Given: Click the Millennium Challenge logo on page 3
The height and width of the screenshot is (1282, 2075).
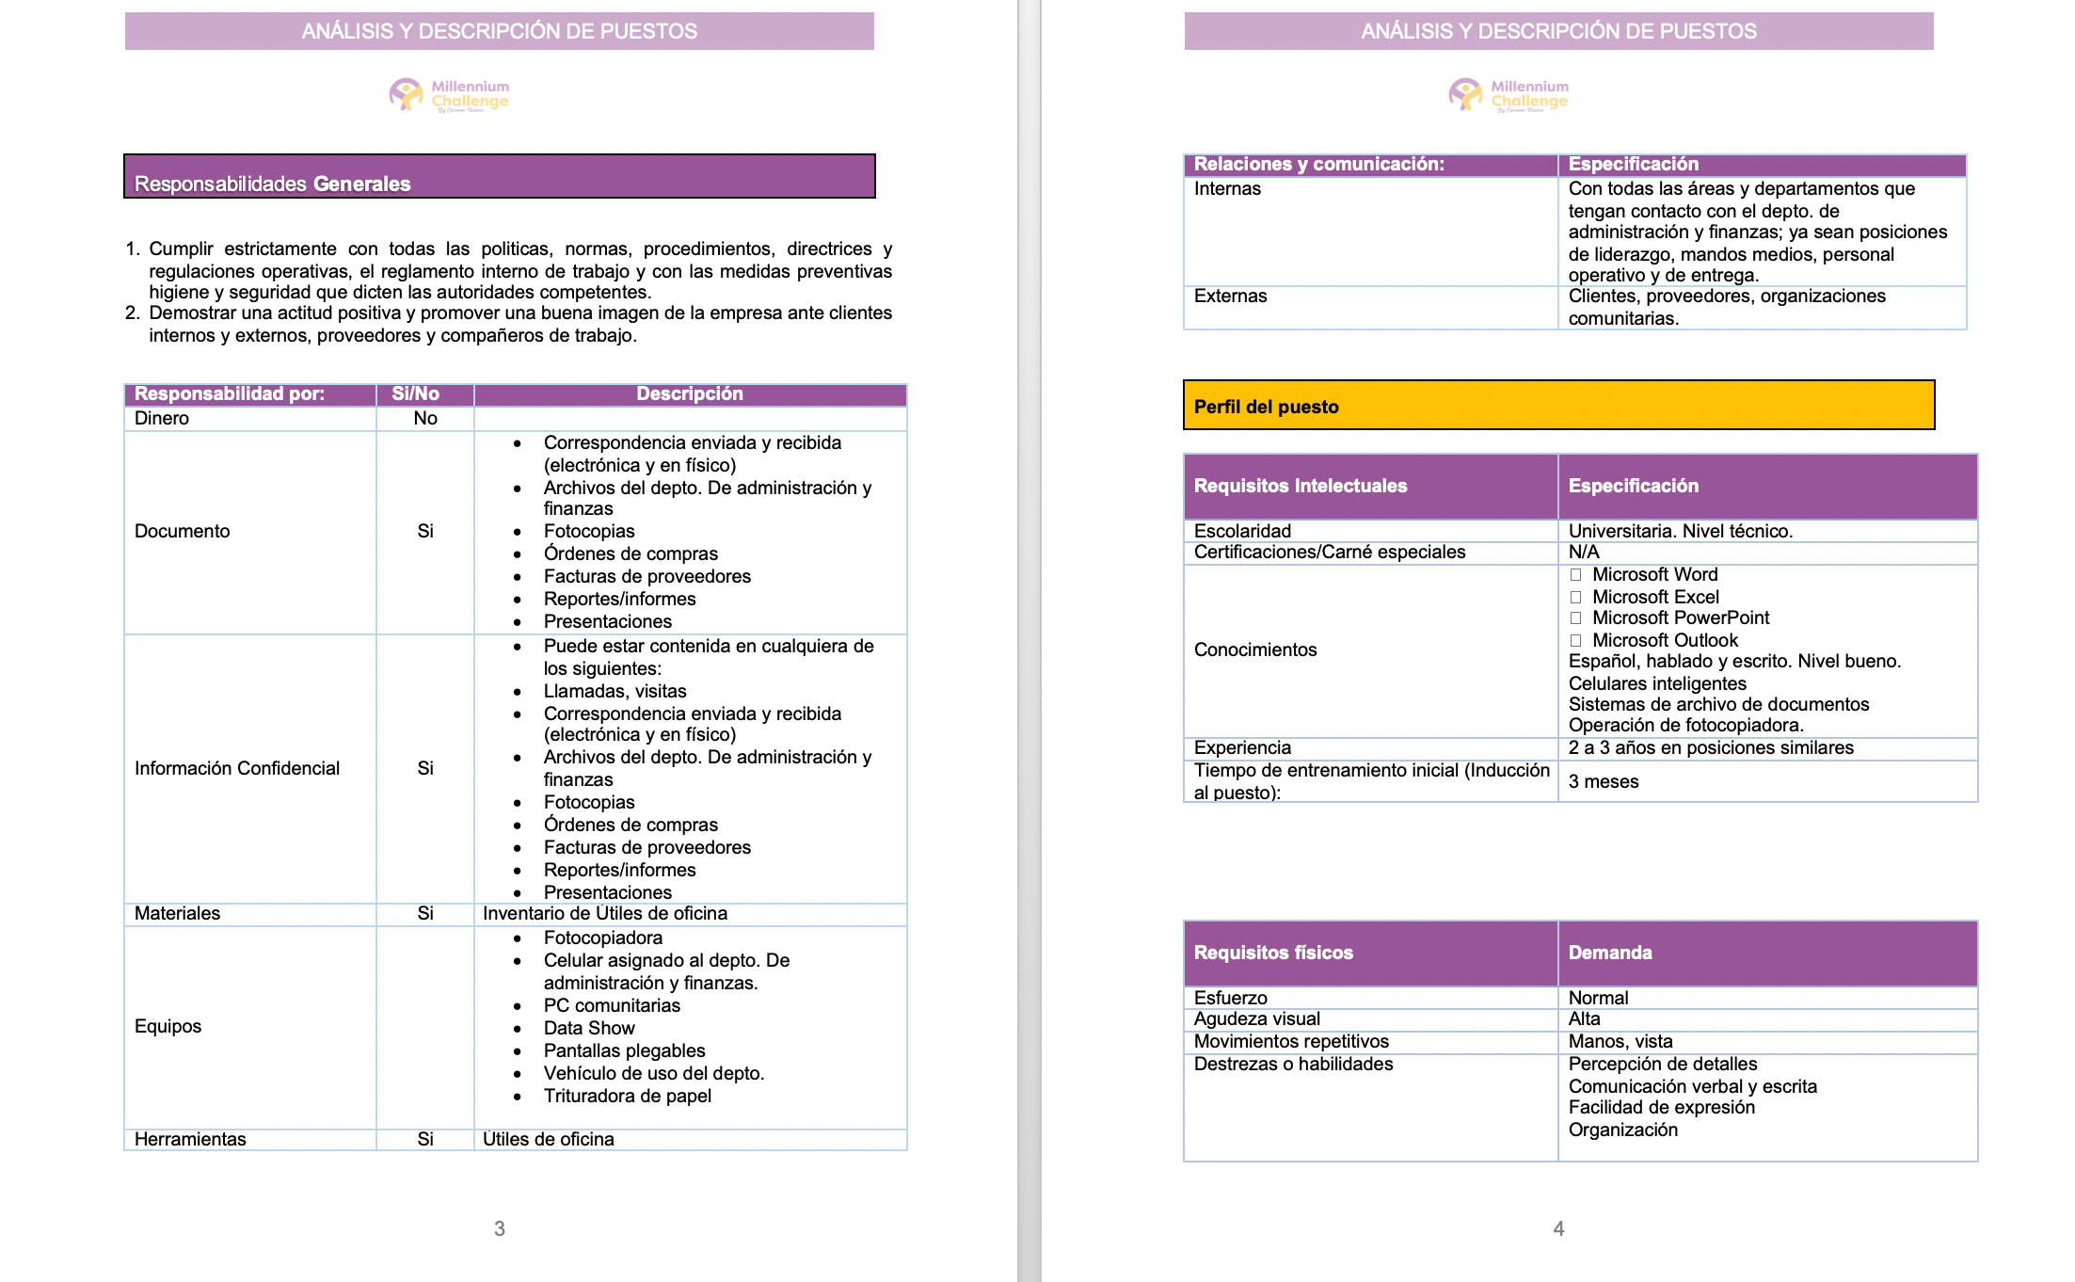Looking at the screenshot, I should pyautogui.click(x=450, y=95).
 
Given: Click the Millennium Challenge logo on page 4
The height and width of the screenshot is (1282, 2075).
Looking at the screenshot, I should pyautogui.click(x=1508, y=95).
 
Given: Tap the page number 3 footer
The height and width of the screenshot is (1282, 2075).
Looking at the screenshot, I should pyautogui.click(x=500, y=1228).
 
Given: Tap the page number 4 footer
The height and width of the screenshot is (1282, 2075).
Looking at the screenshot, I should pyautogui.click(x=1558, y=1228).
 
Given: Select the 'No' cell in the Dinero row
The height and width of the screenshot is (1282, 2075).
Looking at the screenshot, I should pyautogui.click(x=425, y=419).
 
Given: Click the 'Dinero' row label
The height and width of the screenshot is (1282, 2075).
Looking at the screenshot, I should pyautogui.click(x=162, y=419).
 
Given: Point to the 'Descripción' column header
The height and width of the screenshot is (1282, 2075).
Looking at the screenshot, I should pyautogui.click(x=690, y=394).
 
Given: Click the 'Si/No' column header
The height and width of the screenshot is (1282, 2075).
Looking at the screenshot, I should pyautogui.click(x=415, y=394).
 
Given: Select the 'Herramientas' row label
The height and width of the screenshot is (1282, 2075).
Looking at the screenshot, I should pyautogui.click(x=190, y=1140).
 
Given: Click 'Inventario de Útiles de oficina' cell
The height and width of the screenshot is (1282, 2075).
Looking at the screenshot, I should pyautogui.click(x=605, y=914).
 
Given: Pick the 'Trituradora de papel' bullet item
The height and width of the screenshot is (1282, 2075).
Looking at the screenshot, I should pyautogui.click(x=627, y=1097).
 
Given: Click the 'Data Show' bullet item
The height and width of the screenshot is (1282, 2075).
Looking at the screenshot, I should pyautogui.click(x=589, y=1029).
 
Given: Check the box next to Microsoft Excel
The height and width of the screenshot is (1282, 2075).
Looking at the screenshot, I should pyautogui.click(x=1575, y=598).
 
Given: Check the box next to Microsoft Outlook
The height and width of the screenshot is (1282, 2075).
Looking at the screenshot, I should pyautogui.click(x=1575, y=641).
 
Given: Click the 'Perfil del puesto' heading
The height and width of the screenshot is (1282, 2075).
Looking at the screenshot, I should pyautogui.click(x=1266, y=408).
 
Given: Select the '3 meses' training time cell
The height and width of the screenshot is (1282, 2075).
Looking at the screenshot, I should pyautogui.click(x=1604, y=782).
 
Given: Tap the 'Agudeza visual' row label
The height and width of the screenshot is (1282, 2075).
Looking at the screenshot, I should pyautogui.click(x=1256, y=1019).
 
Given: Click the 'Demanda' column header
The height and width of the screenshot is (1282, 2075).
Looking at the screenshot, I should pyautogui.click(x=1610, y=953).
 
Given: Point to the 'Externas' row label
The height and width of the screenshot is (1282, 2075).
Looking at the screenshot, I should pyautogui.click(x=1230, y=296).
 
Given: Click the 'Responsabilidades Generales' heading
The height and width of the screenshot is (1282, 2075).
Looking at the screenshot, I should pyautogui.click(x=273, y=184).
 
